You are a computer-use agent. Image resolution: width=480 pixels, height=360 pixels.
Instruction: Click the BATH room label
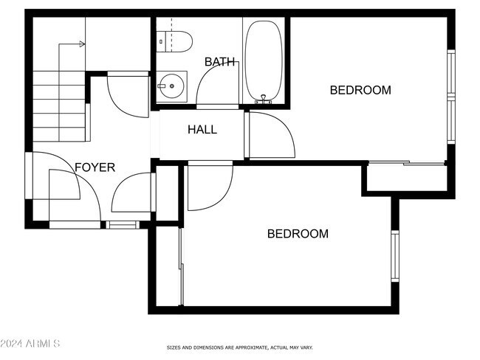click(x=220, y=62)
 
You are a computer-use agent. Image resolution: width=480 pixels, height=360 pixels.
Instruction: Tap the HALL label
click(x=202, y=130)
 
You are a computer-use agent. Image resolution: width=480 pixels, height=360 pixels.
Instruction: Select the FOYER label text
click(x=95, y=167)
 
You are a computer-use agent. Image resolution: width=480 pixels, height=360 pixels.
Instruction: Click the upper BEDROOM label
click(x=360, y=91)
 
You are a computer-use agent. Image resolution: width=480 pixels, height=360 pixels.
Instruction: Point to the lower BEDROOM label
click(x=297, y=234)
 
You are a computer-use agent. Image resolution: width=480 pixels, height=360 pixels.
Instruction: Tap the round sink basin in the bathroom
click(x=172, y=86)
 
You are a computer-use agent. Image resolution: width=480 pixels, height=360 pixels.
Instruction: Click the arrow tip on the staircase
click(x=82, y=44)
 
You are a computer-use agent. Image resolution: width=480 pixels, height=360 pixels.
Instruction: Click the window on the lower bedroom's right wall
click(x=394, y=256)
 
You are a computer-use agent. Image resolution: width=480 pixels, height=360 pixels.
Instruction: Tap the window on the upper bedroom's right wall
click(x=451, y=96)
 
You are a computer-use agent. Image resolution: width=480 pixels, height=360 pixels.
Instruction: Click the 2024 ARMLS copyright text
click(x=31, y=344)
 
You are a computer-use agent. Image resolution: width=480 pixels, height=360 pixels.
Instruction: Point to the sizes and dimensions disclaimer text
click(x=239, y=347)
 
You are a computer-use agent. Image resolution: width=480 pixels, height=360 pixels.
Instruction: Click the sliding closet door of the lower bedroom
click(x=181, y=266)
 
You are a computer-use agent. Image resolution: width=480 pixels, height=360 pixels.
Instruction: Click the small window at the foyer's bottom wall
click(x=122, y=224)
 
